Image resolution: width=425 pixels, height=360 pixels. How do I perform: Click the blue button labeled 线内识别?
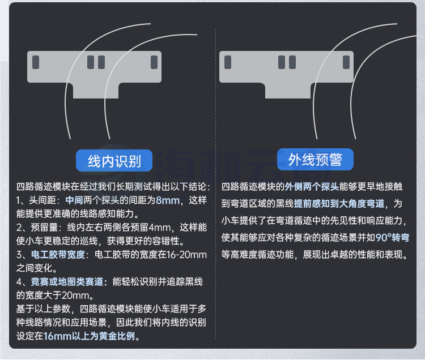click(114, 161)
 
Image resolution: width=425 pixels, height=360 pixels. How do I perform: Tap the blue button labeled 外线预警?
click(315, 159)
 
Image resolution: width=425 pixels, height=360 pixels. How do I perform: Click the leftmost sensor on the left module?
click(36, 62)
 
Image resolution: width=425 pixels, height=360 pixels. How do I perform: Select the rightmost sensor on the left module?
click(154, 62)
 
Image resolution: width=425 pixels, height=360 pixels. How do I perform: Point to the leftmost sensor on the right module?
click(228, 62)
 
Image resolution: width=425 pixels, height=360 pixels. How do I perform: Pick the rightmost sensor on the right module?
click(346, 62)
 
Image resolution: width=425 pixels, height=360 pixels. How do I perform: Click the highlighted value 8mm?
click(168, 200)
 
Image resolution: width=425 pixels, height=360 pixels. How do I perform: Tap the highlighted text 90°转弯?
click(392, 237)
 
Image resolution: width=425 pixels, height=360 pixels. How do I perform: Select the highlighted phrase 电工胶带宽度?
click(58, 255)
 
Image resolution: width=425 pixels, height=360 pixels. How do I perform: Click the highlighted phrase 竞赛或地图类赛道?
click(67, 282)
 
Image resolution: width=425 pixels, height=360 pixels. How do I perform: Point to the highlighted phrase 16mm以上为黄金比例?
click(89, 336)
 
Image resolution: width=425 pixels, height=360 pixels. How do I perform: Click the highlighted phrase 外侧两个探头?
click(312, 186)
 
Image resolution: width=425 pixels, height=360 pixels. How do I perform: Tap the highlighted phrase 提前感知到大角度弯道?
click(339, 204)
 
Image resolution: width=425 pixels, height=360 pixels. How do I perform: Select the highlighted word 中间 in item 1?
click(74, 200)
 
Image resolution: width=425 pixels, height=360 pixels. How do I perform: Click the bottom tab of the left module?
click(96, 91)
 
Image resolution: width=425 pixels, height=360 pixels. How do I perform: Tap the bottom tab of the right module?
click(288, 91)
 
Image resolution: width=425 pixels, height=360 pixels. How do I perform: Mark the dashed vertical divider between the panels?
click(216, 183)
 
